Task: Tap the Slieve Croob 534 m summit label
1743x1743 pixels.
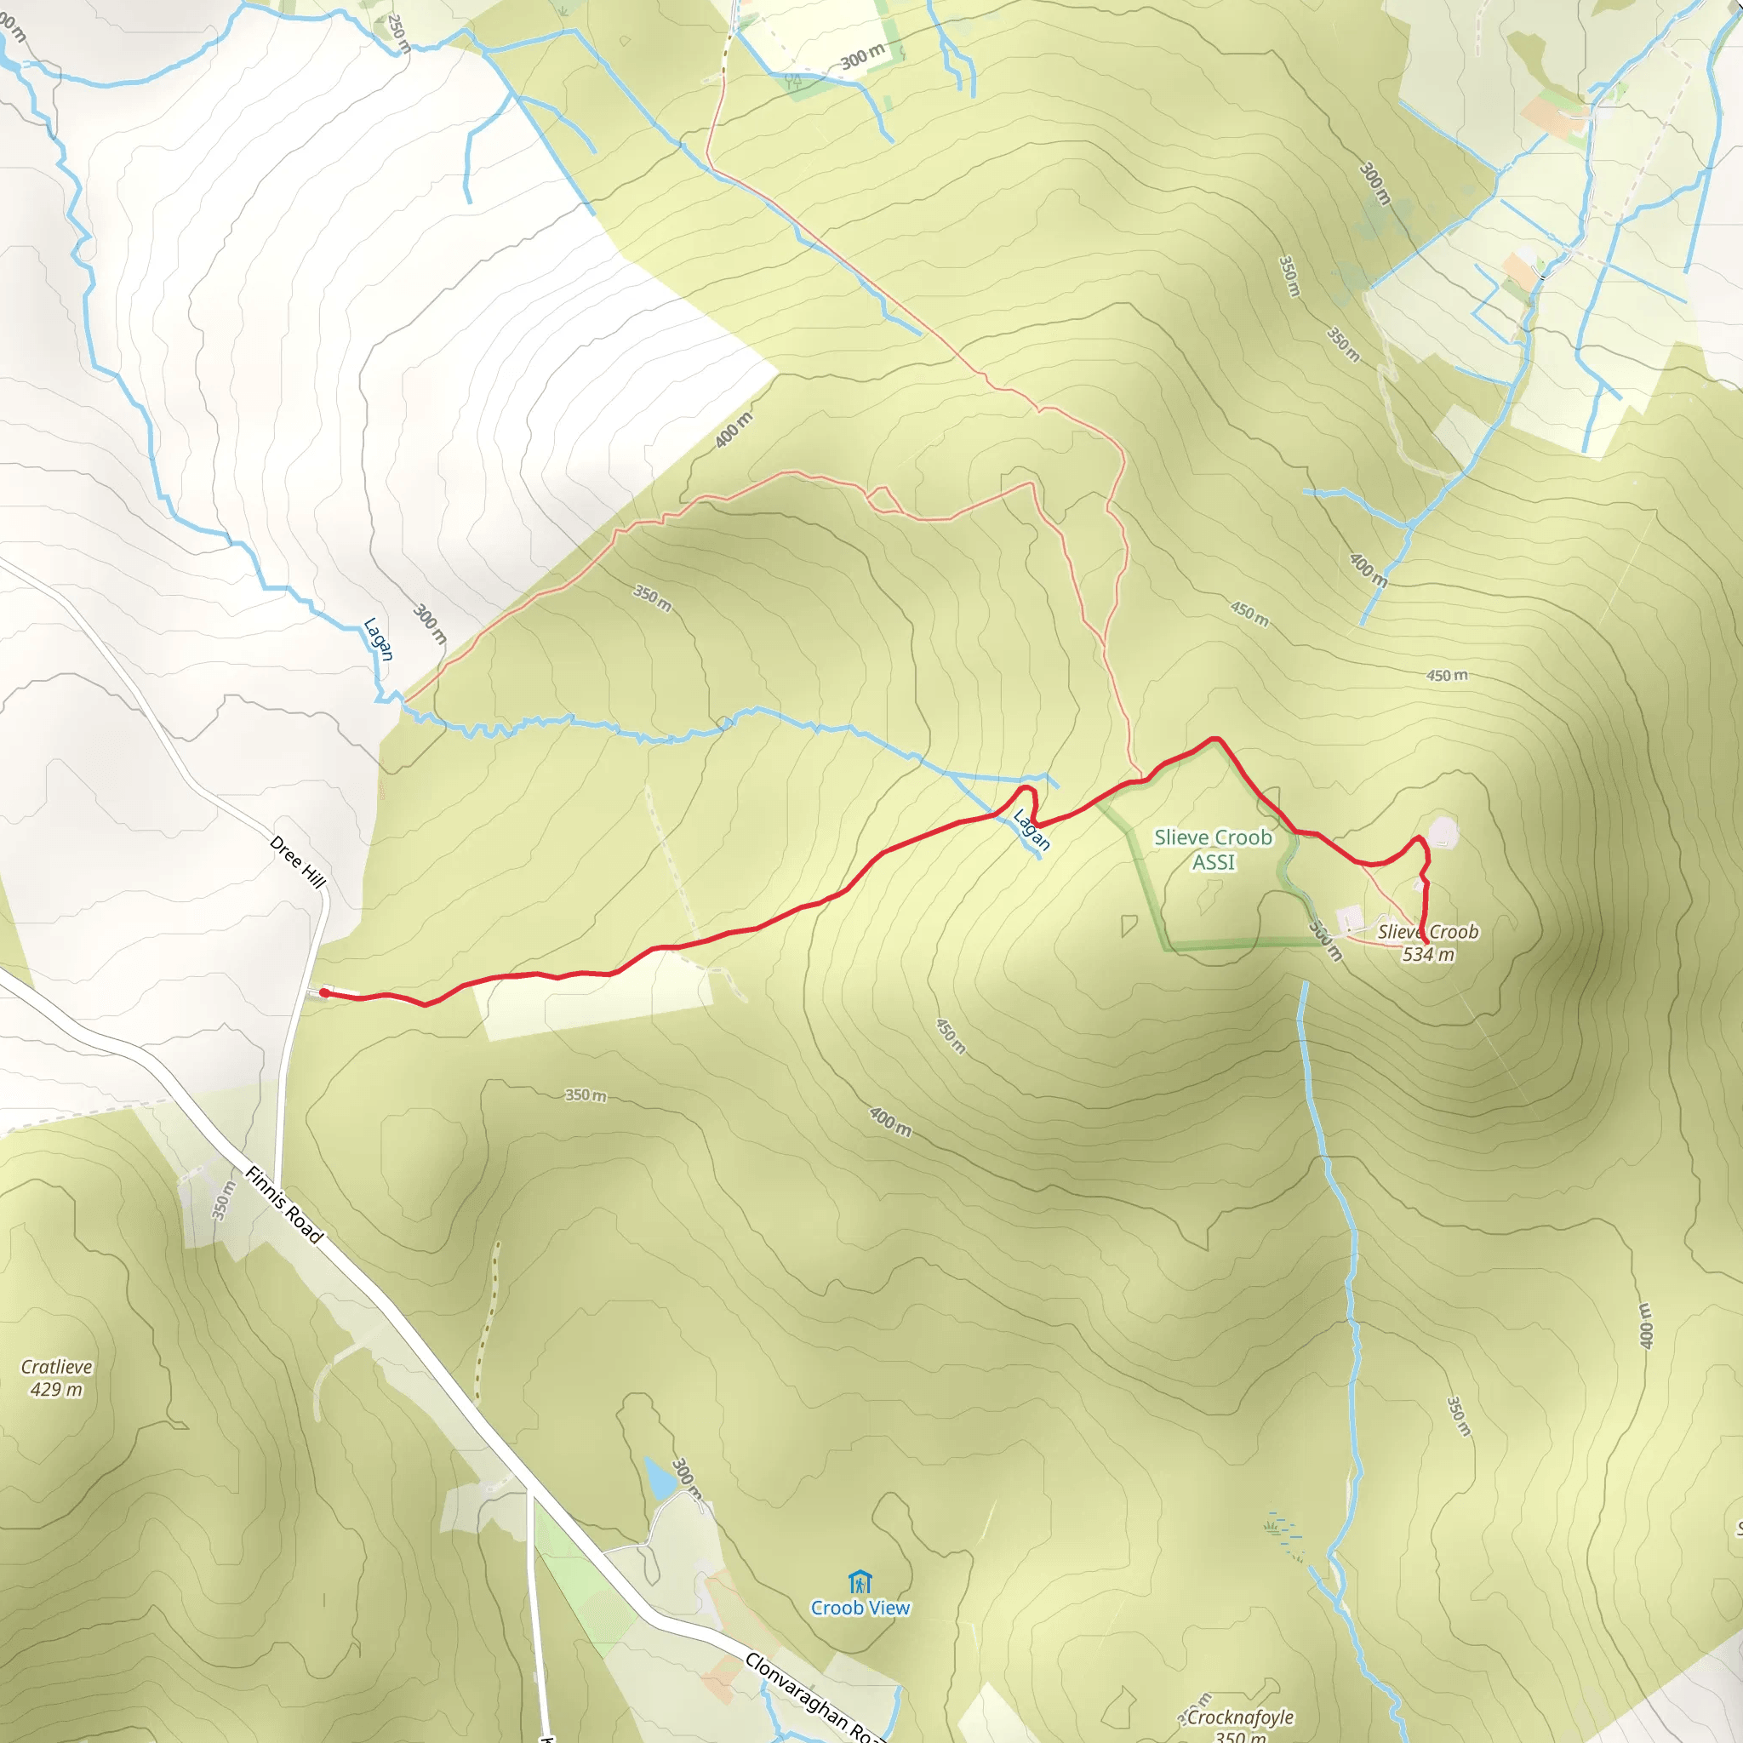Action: pos(1427,943)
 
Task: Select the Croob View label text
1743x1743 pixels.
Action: pos(860,1608)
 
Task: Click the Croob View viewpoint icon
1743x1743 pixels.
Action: pos(860,1582)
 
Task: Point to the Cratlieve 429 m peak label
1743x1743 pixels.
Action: pos(56,1378)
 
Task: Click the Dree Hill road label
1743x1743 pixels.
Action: pos(297,861)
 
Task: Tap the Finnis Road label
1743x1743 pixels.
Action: pos(284,1204)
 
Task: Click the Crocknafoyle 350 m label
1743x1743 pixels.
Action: pos(1239,1726)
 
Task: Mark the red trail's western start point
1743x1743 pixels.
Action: pos(324,992)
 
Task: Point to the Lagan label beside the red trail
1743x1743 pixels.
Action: pos(1032,829)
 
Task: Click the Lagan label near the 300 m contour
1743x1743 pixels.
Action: pos(378,639)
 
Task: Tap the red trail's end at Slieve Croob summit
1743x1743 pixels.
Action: pos(1426,942)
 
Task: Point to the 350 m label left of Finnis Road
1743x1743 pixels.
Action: pos(223,1201)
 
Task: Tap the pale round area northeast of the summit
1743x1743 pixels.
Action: pos(1443,830)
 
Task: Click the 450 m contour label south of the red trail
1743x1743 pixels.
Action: pos(950,1036)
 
